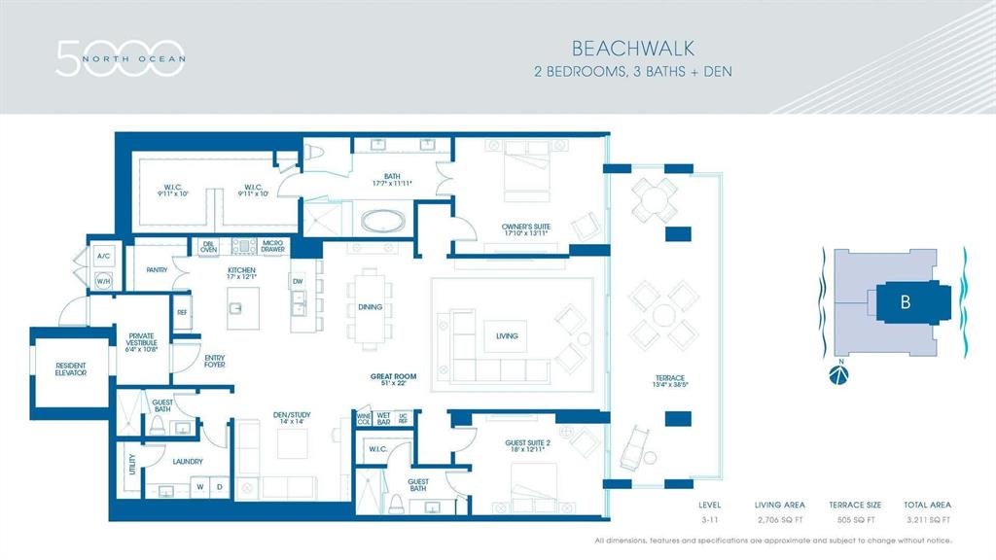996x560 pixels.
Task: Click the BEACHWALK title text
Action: (632, 47)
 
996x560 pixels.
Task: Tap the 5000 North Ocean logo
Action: (119, 57)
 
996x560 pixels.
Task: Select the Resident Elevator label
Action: (70, 368)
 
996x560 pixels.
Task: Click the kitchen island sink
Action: (236, 309)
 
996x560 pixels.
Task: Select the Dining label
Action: (370, 308)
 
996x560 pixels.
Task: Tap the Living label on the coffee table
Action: (506, 336)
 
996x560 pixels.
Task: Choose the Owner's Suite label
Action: (526, 228)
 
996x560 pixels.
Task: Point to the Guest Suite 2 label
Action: (527, 446)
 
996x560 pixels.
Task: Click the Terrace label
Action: (669, 382)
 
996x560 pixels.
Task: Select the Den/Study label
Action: (291, 417)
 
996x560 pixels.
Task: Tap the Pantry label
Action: (158, 270)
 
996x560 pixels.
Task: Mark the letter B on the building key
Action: (905, 301)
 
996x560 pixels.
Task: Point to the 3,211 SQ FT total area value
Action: (927, 520)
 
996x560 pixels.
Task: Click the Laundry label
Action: (186, 462)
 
